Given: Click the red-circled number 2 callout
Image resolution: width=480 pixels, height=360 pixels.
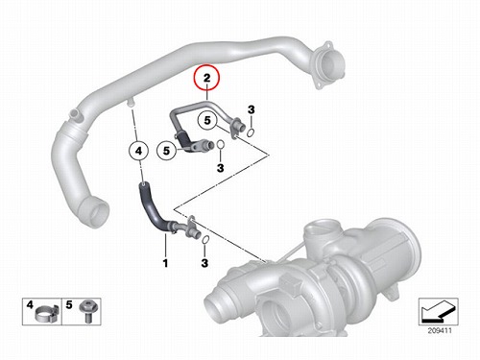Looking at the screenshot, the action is click(206, 78).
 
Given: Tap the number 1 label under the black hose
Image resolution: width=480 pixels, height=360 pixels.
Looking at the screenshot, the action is click(165, 263).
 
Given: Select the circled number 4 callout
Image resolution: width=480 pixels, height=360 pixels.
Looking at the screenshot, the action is click(138, 151).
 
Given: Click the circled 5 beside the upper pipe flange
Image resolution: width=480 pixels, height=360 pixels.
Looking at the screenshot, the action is click(207, 121).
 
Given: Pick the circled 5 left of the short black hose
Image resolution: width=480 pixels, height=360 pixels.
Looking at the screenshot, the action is click(166, 151).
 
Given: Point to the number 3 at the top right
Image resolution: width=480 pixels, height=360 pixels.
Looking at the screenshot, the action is click(252, 109).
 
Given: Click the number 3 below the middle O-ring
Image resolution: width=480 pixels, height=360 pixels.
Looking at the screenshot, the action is click(221, 168).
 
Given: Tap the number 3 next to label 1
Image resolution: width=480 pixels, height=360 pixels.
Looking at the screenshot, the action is click(204, 263).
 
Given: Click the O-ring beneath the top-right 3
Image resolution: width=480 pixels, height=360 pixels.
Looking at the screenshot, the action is click(252, 132).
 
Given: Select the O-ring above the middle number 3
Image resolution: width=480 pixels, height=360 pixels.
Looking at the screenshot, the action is click(220, 145).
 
